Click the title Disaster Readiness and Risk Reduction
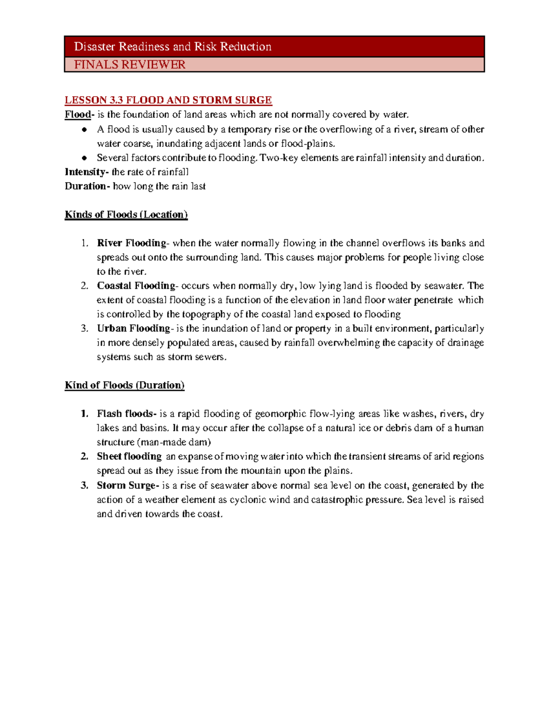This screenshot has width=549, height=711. pyautogui.click(x=172, y=47)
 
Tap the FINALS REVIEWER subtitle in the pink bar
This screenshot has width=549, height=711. pyautogui.click(x=129, y=65)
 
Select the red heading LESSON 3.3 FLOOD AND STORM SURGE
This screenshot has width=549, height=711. pyautogui.click(x=168, y=100)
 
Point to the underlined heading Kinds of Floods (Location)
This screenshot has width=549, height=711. pyautogui.click(x=126, y=215)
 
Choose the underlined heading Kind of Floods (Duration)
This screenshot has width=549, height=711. pyautogui.click(x=124, y=385)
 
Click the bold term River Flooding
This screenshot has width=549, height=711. pyautogui.click(x=132, y=243)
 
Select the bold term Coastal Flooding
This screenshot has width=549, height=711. pyautogui.click(x=136, y=286)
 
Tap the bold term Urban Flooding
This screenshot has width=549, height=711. pyautogui.click(x=133, y=328)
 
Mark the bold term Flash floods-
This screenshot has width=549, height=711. pyautogui.click(x=126, y=414)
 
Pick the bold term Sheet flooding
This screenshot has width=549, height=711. pyautogui.click(x=129, y=456)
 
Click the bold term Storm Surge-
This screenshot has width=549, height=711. pyautogui.click(x=128, y=485)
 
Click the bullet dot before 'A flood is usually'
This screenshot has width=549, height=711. pyautogui.click(x=84, y=130)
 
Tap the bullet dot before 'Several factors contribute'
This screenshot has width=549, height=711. pyautogui.click(x=84, y=158)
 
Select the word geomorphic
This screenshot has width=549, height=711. pyautogui.click(x=280, y=414)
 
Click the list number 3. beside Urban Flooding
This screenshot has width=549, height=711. pyautogui.click(x=84, y=328)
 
